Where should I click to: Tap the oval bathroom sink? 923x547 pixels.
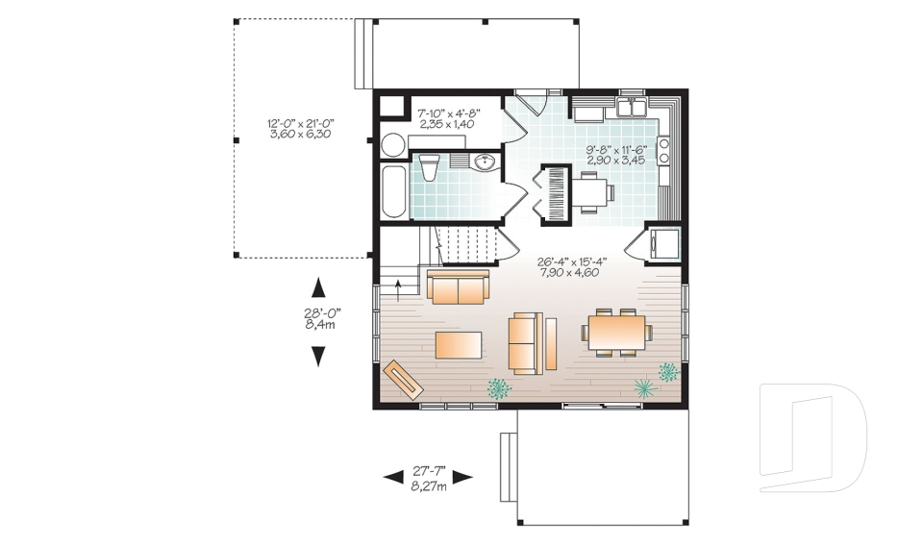(485, 162)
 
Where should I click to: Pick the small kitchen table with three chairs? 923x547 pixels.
(594, 192)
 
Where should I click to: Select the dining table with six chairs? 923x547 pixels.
(616, 333)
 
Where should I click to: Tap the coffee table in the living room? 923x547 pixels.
(460, 344)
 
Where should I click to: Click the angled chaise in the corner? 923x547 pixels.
(403, 377)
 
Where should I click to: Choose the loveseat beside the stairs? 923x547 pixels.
(459, 287)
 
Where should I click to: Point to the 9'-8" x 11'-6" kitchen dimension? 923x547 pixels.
(615, 154)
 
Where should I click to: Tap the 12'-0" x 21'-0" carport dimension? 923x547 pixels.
(299, 128)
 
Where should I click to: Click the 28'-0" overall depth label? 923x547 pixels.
(318, 317)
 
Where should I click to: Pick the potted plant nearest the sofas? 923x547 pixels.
(498, 388)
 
